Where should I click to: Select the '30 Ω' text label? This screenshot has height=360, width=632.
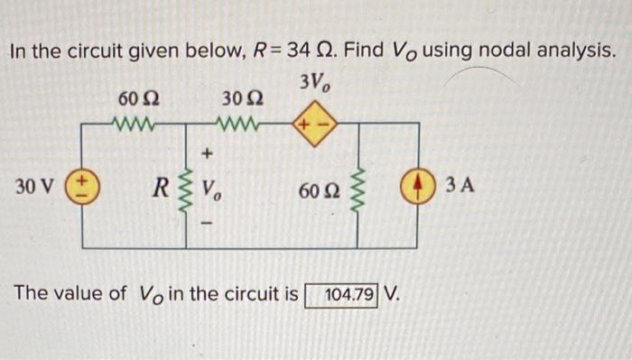(x=240, y=97)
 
